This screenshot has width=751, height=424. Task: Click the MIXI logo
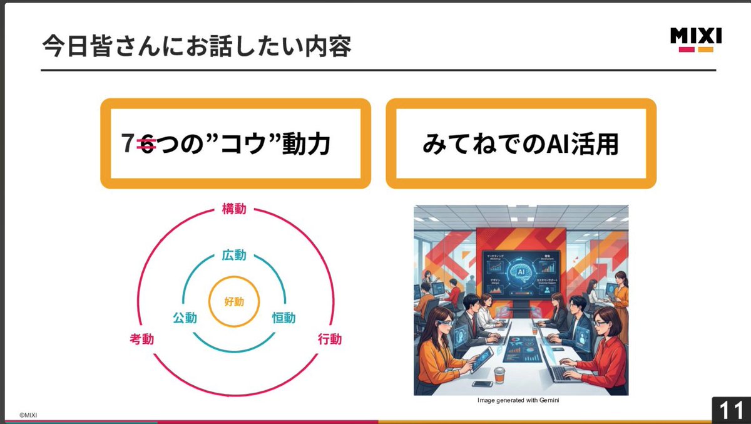point(696,39)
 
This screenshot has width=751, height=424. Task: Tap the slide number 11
point(731,410)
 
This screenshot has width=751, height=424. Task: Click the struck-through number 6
point(146,145)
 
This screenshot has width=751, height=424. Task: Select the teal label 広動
point(234,255)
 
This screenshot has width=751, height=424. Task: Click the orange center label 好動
point(234,302)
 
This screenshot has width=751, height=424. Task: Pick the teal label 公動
point(185,318)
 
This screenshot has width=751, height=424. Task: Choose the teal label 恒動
point(284,318)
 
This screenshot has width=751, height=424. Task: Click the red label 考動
point(141,339)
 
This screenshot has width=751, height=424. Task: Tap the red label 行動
point(330,339)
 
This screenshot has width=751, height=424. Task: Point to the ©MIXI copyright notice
point(29,415)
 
